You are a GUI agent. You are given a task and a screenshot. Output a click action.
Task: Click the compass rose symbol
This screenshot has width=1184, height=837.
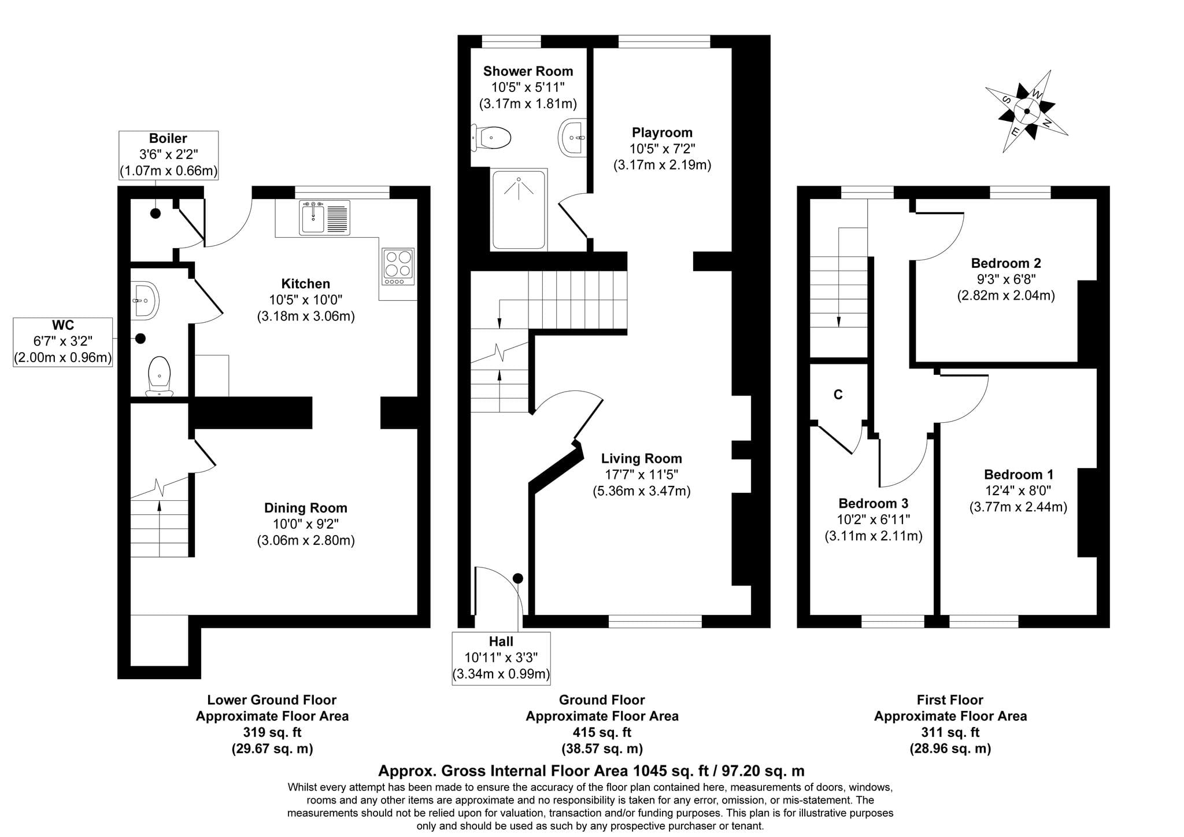coord(1027,111)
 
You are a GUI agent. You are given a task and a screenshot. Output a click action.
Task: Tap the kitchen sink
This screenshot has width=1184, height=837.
coord(324,217)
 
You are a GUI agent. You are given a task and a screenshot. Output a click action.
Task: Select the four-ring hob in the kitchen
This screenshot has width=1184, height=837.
coord(398,267)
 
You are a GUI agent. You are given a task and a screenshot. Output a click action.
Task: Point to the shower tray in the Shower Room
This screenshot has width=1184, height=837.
coord(519,209)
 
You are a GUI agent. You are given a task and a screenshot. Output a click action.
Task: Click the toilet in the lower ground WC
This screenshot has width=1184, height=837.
coord(159,376)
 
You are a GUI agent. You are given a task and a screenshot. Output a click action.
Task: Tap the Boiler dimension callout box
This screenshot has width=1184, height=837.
coord(168,155)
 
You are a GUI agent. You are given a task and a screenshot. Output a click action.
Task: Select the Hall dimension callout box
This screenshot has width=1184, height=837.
coord(501,658)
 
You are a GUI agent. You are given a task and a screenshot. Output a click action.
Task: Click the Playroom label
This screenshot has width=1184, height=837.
coord(662,132)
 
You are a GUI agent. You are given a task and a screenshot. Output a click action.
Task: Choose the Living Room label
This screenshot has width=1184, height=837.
coord(642,459)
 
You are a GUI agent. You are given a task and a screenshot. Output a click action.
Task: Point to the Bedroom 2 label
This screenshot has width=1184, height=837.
coord(1006,263)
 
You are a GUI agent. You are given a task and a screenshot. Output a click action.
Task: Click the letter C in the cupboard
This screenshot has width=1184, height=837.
coord(838,394)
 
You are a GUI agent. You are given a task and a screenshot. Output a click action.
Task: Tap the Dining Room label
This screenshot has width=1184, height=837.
coord(306,508)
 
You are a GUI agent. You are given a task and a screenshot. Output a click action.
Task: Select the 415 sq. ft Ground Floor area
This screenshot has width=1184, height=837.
coord(602,732)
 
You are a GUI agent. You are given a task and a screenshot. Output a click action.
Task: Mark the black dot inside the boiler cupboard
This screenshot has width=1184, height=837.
coord(156,213)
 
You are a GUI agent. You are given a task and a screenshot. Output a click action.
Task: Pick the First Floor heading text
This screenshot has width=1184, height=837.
coord(950,700)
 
